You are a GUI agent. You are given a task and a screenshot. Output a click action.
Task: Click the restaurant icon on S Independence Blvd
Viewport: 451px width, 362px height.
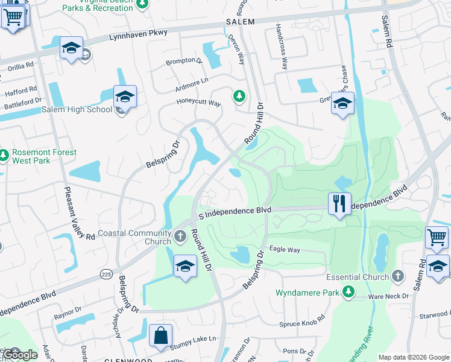tap(339, 203)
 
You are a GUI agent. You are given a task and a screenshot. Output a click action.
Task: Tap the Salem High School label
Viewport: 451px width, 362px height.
tap(77, 109)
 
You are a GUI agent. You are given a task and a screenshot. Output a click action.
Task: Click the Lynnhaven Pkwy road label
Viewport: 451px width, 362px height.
tap(138, 36)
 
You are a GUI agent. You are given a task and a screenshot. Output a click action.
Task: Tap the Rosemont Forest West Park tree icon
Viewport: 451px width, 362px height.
tap(4, 156)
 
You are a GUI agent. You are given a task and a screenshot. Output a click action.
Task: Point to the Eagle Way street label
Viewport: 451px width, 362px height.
tap(285, 249)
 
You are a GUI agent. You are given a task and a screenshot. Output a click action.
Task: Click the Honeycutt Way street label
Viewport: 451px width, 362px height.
tap(199, 103)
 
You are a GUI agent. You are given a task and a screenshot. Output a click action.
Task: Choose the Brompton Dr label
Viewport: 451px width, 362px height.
tap(184, 62)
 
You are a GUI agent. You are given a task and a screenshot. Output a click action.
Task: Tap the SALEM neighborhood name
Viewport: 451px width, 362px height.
tap(241, 21)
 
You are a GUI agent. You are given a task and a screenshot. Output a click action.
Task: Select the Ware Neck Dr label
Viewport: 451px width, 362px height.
tap(388, 296)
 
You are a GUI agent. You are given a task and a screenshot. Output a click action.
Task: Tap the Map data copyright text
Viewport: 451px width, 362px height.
tap(414, 357)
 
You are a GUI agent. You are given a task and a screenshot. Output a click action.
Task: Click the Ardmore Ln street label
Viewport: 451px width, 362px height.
tap(192, 80)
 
